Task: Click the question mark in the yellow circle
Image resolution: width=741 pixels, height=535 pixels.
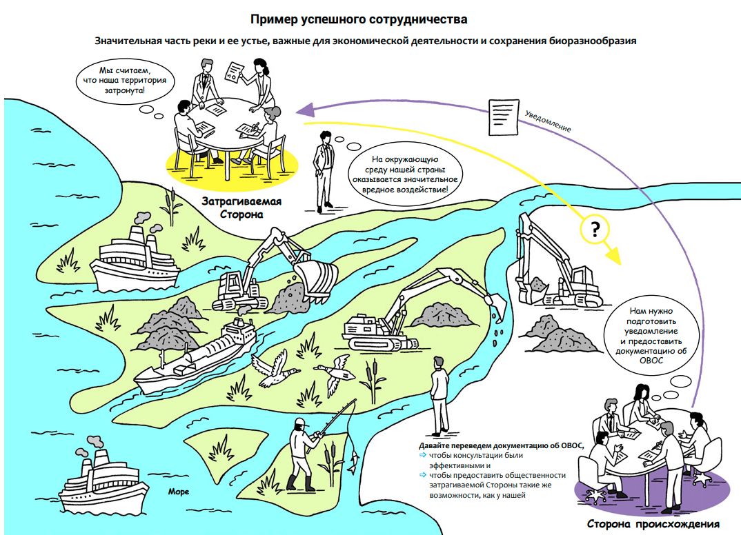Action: (x=594, y=230)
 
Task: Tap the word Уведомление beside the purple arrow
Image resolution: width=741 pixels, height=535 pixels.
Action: (x=549, y=120)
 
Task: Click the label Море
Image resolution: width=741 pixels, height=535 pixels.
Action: (x=178, y=492)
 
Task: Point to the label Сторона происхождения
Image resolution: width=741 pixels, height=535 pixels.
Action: (x=653, y=523)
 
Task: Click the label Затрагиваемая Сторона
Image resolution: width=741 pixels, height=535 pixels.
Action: (x=241, y=208)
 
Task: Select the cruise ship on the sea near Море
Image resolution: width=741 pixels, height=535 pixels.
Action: (x=102, y=482)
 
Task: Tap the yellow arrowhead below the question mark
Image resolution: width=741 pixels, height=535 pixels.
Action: (x=613, y=258)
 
